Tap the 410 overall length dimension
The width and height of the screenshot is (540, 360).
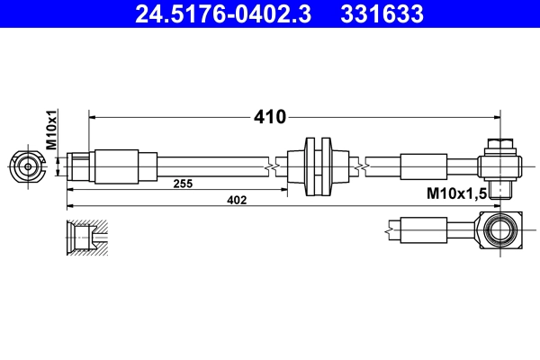(x=269, y=116)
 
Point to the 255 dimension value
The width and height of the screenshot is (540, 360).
(x=184, y=184)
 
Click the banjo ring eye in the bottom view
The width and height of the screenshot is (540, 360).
(x=499, y=230)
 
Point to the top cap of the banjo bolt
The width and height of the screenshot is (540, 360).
(x=499, y=144)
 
